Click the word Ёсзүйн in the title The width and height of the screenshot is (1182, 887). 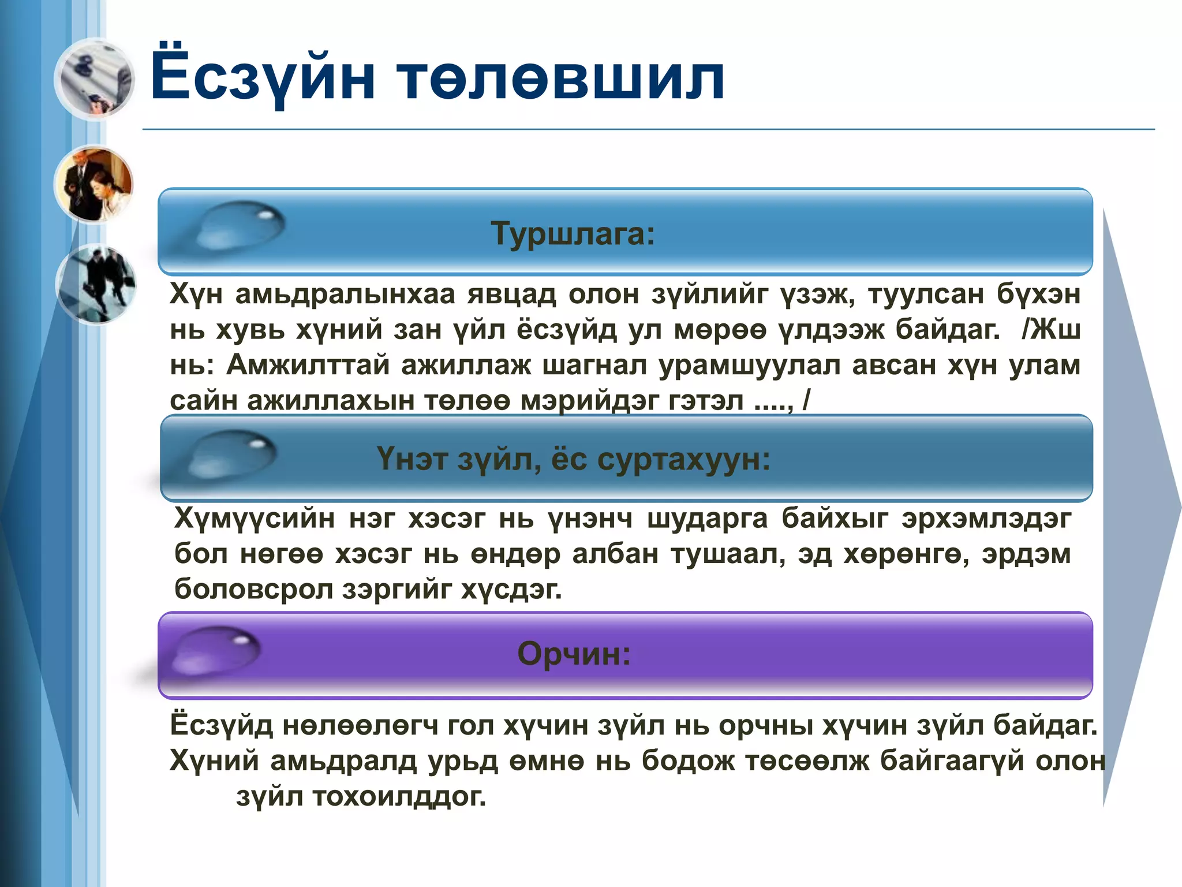click(263, 77)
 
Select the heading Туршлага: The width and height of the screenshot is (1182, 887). click(573, 234)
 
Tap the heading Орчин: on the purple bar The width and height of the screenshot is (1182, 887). click(574, 654)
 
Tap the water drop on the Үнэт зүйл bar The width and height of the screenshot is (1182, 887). click(231, 454)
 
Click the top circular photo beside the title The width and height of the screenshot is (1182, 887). click(95, 79)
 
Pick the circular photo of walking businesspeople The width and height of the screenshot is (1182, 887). click(96, 284)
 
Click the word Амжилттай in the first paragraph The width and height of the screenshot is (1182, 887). click(308, 365)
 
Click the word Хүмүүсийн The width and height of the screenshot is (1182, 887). click(254, 518)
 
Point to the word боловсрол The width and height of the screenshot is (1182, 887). click(253, 589)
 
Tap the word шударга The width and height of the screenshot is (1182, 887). click(707, 518)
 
